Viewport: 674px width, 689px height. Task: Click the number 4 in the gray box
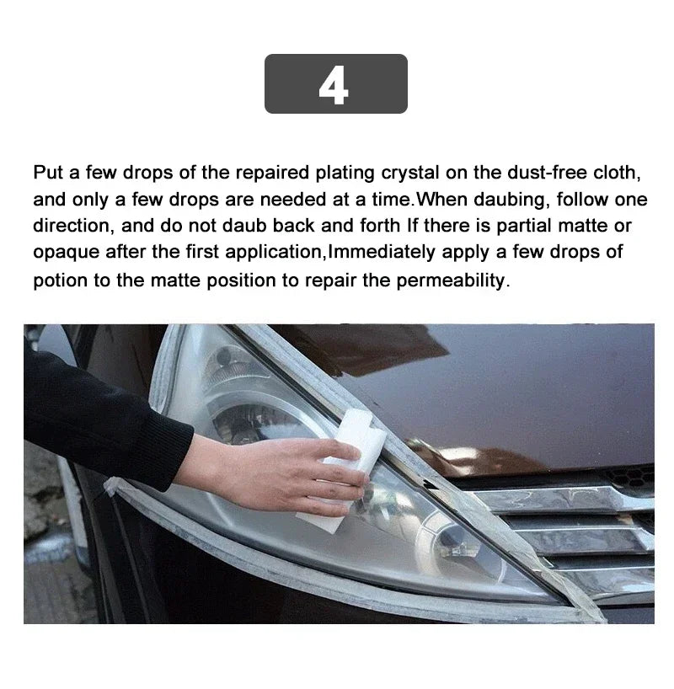coord(334,86)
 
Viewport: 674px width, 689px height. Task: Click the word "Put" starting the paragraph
coord(48,172)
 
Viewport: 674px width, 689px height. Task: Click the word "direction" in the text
coord(71,226)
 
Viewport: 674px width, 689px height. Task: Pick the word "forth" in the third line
coord(379,226)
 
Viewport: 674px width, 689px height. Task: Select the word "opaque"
coord(67,253)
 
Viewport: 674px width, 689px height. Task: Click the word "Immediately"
coord(382,252)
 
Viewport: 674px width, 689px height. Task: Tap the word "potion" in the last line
coord(60,280)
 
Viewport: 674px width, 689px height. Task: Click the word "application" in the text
coord(273,252)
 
